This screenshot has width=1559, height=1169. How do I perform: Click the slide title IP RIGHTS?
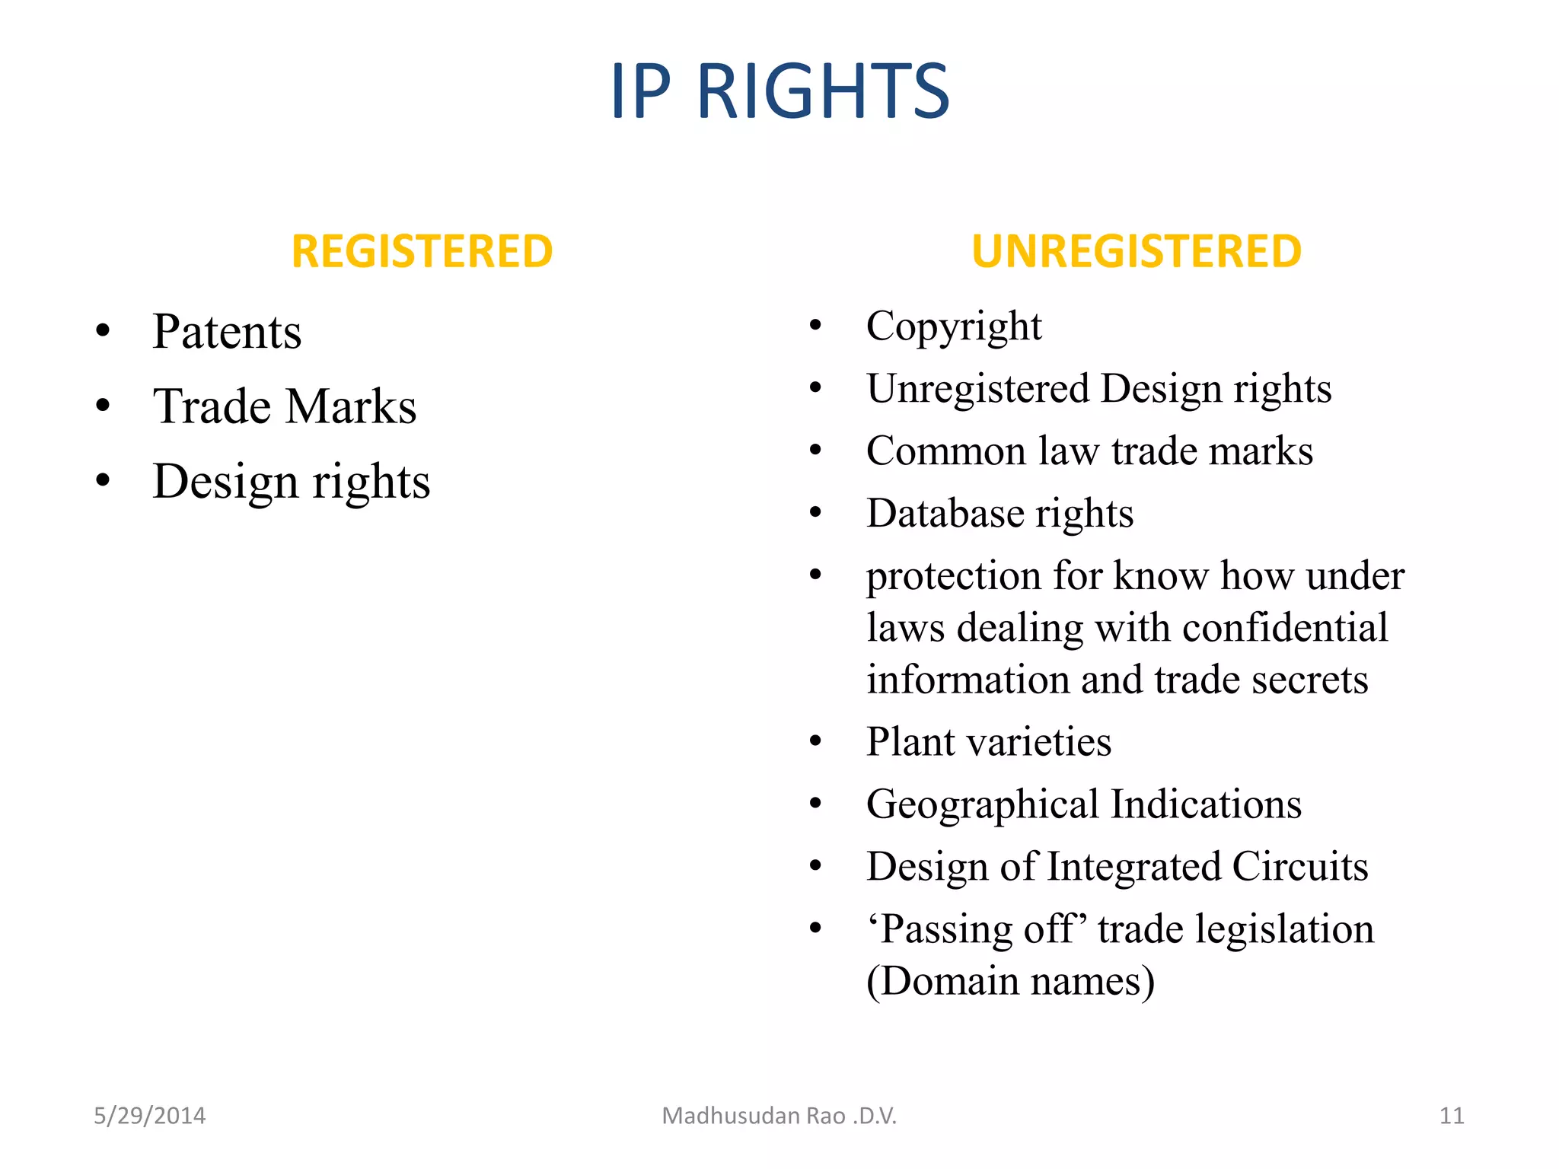pyautogui.click(x=779, y=91)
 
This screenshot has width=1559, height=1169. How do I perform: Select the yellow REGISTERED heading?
pyautogui.click(x=422, y=252)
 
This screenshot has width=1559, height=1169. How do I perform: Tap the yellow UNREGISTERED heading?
pyautogui.click(x=1136, y=252)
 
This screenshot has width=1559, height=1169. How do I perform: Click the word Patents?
pyautogui.click(x=227, y=332)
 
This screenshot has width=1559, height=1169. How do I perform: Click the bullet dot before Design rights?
pyautogui.click(x=104, y=481)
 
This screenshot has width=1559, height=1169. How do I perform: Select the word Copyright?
pyautogui.click(x=954, y=327)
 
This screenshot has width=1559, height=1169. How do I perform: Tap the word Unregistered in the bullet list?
pyautogui.click(x=977, y=388)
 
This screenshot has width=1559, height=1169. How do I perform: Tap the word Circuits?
pyautogui.click(x=1299, y=867)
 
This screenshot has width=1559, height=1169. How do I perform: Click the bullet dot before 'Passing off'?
pyautogui.click(x=816, y=929)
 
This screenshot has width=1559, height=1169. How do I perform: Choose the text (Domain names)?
pyautogui.click(x=1010, y=981)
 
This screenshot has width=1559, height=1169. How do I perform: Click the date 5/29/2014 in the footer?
pyautogui.click(x=149, y=1116)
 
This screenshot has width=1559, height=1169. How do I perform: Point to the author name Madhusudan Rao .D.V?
pyautogui.click(x=779, y=1116)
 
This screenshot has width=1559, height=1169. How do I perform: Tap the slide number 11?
pyautogui.click(x=1452, y=1116)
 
